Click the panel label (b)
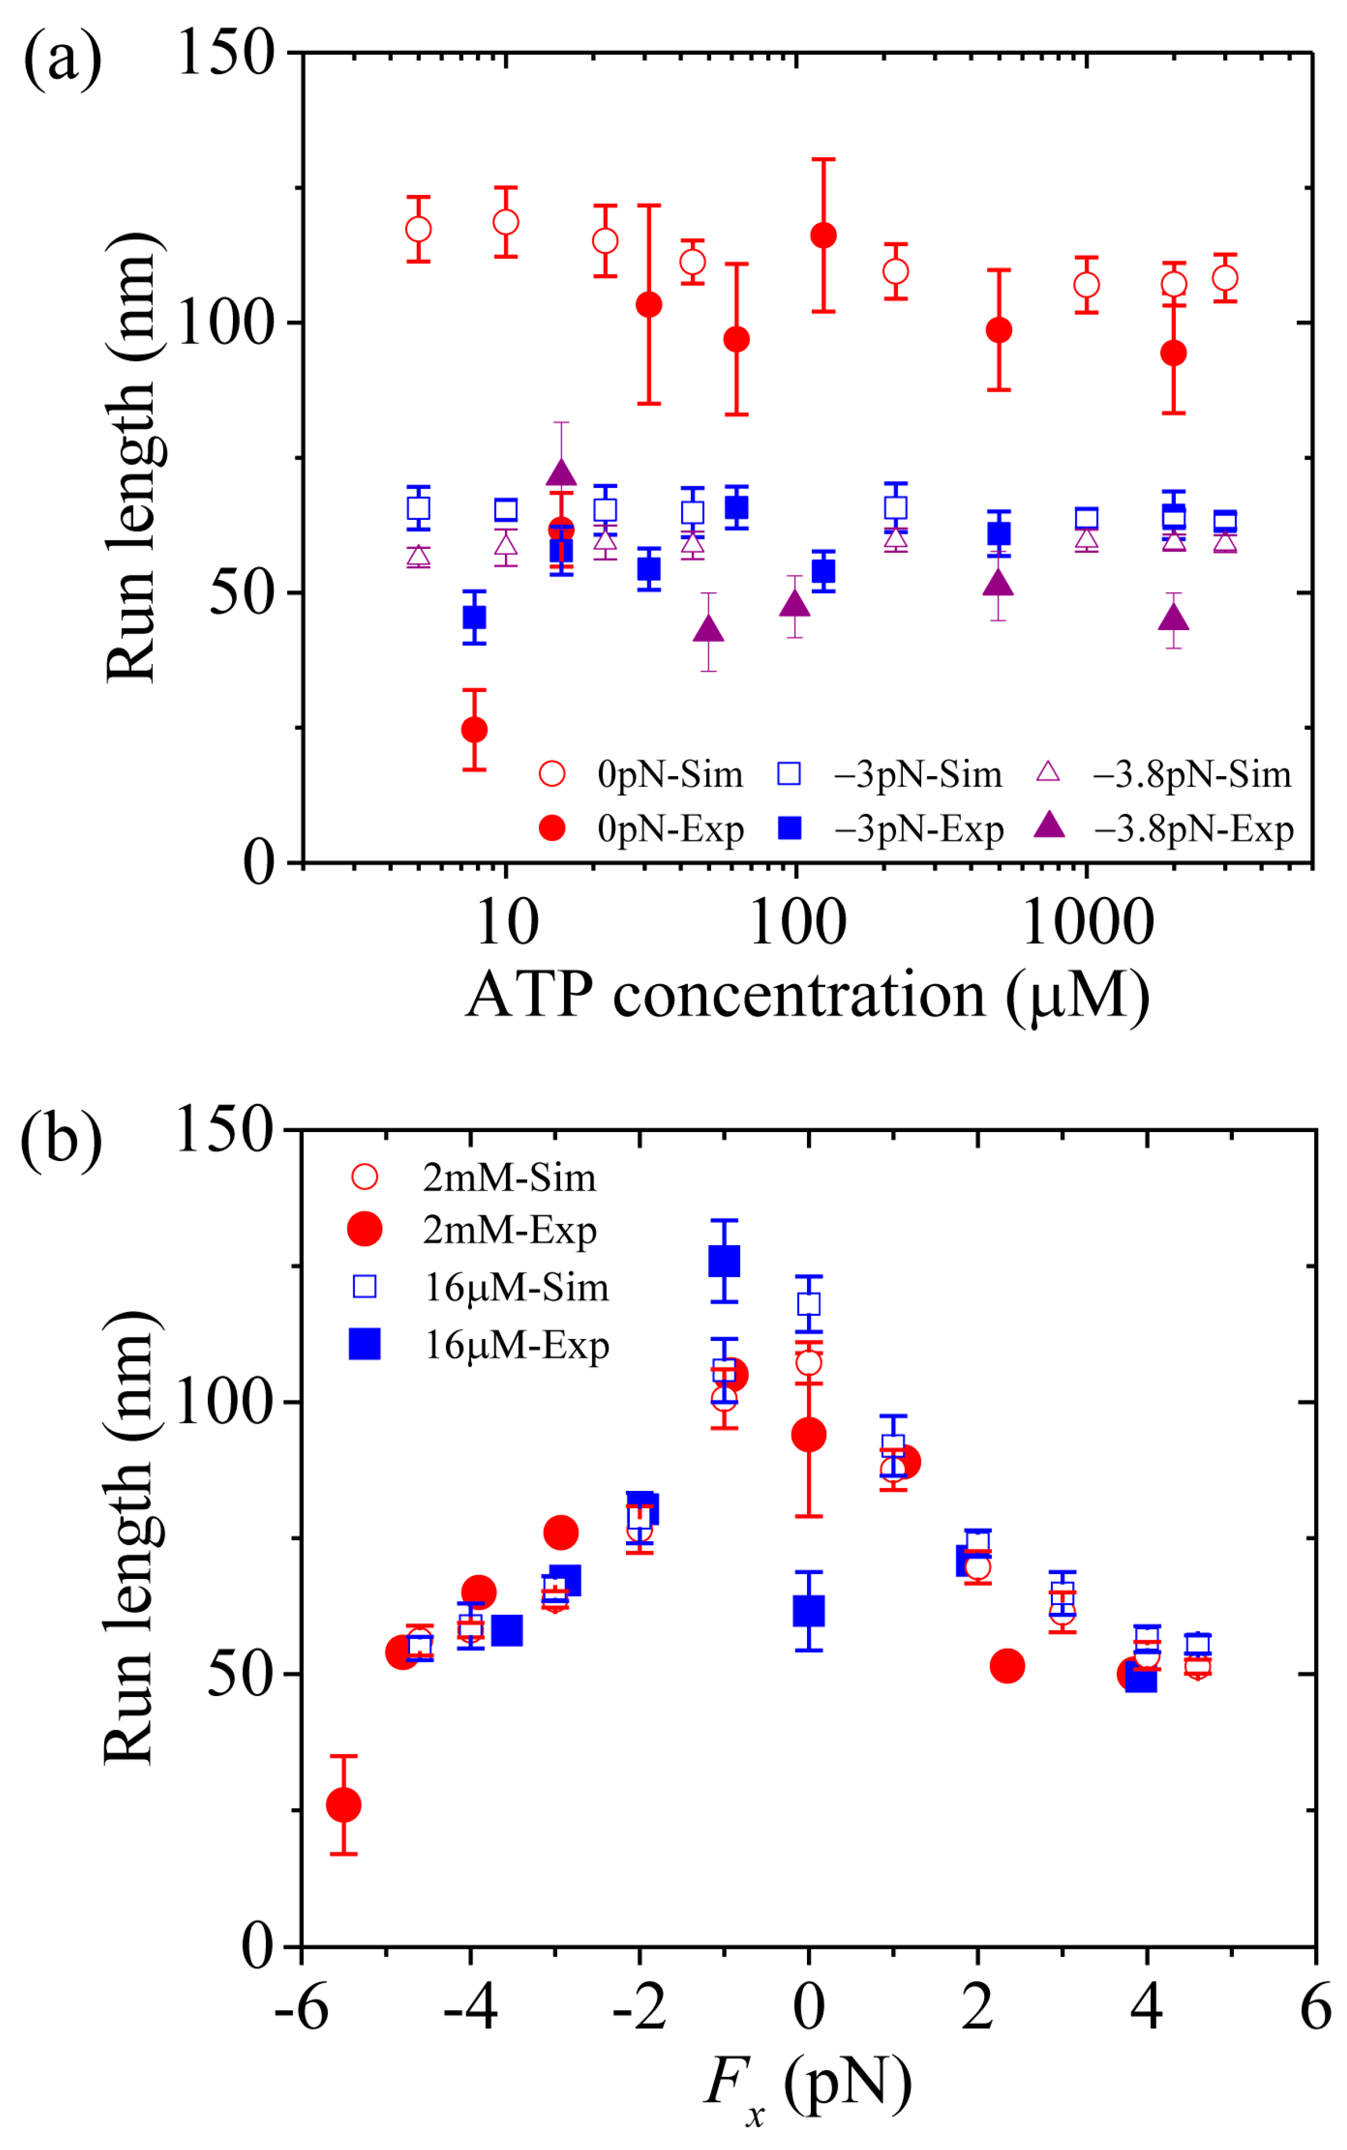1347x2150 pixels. [61, 1138]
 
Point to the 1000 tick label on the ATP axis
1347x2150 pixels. [1088, 923]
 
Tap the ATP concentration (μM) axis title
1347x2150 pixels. [807, 995]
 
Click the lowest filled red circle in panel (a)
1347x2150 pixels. [474, 729]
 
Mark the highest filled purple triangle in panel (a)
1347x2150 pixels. [560, 473]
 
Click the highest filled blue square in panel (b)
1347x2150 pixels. [724, 1261]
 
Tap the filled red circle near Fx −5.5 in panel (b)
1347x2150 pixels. [344, 1805]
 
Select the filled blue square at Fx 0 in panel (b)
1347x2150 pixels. [808, 1610]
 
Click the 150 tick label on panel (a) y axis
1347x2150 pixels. [225, 53]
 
